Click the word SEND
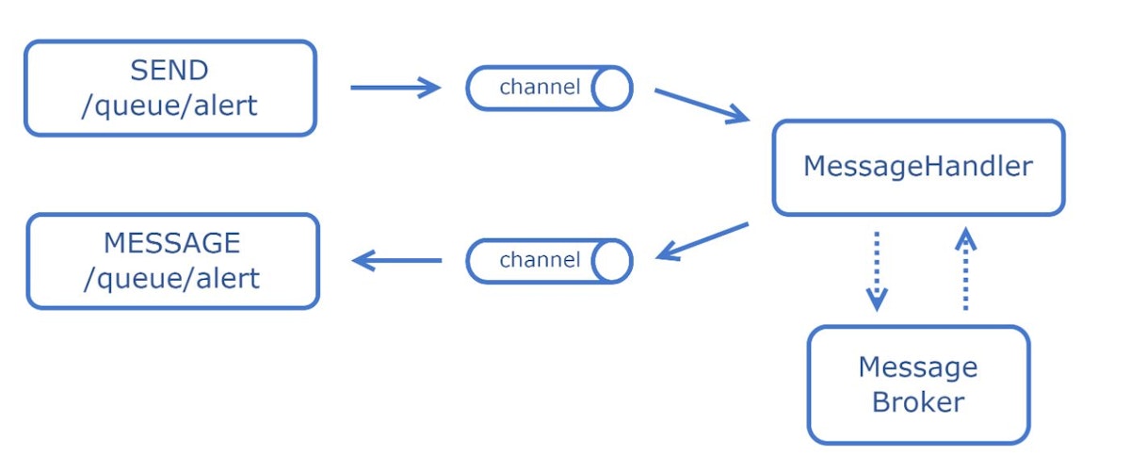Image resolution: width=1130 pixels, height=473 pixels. pos(169,70)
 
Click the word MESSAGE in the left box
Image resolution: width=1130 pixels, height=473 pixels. pos(172,243)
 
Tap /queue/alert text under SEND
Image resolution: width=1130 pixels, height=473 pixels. pos(169,106)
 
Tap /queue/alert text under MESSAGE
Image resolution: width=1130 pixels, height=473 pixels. pos(172,279)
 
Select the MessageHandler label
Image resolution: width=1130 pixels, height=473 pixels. pos(918,167)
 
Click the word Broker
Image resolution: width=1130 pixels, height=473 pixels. pos(918,402)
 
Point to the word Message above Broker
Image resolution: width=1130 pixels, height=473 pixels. pos(918,367)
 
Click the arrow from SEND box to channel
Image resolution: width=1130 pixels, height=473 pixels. pos(395,88)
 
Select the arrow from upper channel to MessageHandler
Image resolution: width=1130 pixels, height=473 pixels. pos(702,106)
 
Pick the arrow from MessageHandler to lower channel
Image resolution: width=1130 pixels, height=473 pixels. pos(702,242)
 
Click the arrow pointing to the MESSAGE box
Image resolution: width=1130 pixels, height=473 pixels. pos(396,260)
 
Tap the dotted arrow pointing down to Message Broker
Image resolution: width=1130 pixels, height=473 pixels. pos(877,271)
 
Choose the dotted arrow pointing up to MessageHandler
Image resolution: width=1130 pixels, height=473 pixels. pos(965,268)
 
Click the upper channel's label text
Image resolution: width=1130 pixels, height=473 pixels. pos(540,87)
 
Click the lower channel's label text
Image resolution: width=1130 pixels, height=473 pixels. pos(540,260)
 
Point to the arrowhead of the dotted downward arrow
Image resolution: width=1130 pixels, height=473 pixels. pos(877,300)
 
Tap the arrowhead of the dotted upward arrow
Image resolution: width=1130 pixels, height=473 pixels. pos(965,238)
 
